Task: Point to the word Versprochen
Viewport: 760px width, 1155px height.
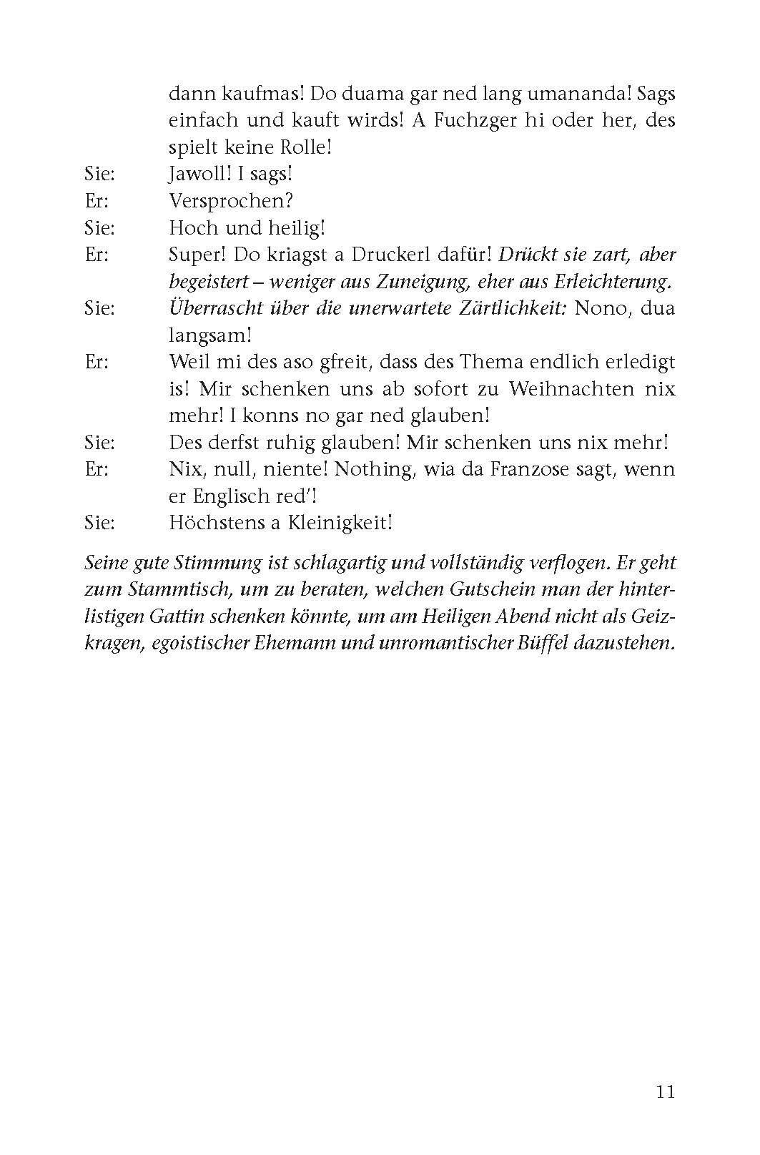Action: [x=232, y=201]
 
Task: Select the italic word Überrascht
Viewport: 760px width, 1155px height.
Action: [x=212, y=308]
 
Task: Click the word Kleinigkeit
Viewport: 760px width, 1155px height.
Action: [x=340, y=523]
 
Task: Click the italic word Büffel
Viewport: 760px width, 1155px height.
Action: [x=556, y=643]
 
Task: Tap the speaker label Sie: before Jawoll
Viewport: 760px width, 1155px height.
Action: [x=99, y=174]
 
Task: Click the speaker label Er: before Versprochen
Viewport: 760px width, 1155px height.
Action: [x=97, y=201]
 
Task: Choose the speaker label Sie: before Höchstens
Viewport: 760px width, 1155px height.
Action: [x=99, y=523]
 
